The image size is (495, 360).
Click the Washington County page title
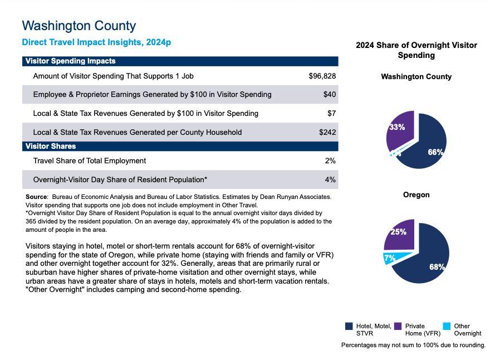point(79,26)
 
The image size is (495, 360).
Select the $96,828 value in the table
point(322,76)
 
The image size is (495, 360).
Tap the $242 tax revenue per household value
point(327,132)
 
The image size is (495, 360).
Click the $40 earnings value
point(329,95)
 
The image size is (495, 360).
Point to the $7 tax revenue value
point(331,113)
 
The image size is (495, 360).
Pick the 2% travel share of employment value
point(330,160)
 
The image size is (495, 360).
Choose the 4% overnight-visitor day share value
point(330,179)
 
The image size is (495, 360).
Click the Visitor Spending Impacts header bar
point(180,61)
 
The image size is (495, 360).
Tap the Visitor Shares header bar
point(180,146)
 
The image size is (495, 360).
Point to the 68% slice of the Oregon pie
point(429,259)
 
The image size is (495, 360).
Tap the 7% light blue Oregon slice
point(390,258)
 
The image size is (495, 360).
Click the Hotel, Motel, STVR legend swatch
point(349,326)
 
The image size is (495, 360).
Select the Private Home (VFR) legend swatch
point(398,326)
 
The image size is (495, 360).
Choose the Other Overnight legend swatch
point(447,326)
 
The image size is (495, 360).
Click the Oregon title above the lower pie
point(416,195)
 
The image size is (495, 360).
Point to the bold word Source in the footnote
point(36,197)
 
